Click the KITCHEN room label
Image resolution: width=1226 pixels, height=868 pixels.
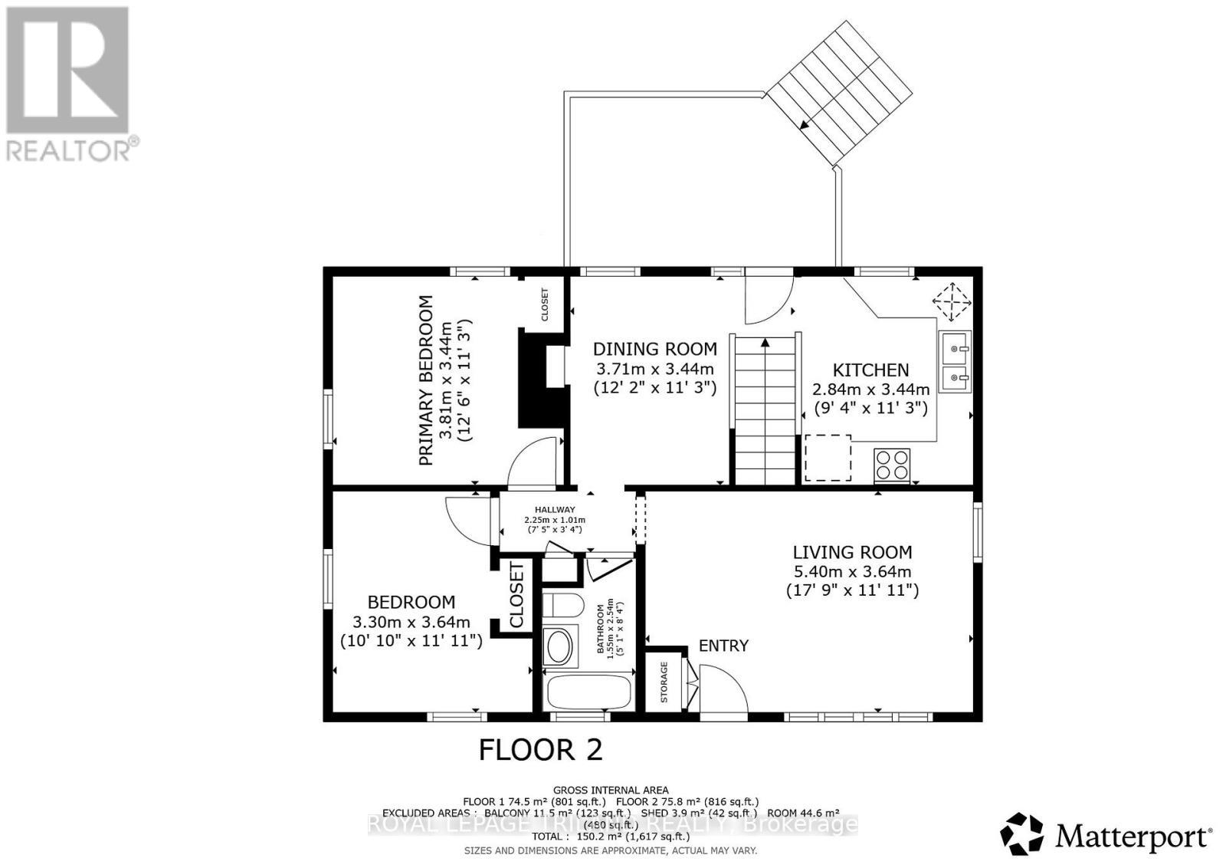click(870, 370)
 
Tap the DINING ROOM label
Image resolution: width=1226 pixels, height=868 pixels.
click(655, 349)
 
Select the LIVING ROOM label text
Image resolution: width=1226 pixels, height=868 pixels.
click(852, 552)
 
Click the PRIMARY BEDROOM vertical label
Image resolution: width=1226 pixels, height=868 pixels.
click(426, 381)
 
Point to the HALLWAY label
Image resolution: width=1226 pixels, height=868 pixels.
click(555, 509)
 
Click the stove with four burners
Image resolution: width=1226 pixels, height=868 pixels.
click(892, 465)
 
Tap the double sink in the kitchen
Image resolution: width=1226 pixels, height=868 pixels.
click(955, 362)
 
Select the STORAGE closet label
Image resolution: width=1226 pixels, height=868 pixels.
click(664, 682)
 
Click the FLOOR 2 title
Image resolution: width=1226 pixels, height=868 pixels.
click(540, 749)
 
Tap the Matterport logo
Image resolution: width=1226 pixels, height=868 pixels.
click(1106, 833)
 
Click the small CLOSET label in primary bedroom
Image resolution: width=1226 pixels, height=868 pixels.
click(546, 304)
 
